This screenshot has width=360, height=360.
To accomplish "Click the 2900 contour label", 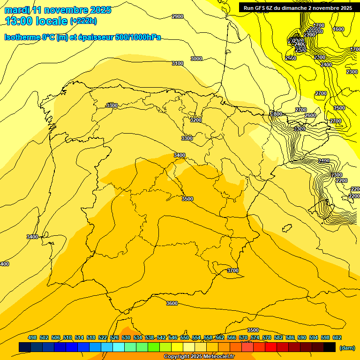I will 178,16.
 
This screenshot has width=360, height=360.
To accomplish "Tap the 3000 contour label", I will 196,59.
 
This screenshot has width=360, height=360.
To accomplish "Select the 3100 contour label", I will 178,63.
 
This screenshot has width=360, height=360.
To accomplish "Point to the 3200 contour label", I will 195,120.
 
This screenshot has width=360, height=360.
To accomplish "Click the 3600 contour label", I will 172,303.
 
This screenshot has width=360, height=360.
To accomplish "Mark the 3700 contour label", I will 233,270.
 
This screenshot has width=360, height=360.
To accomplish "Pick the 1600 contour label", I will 338,29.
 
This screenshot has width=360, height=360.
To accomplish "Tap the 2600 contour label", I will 310,115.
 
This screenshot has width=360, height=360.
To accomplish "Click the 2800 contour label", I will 277,114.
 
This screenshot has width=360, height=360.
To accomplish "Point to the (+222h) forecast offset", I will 83,21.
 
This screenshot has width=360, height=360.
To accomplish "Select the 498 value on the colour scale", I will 32,337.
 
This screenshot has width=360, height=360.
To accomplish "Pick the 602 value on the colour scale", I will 337,337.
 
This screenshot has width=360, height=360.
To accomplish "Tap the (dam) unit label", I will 347,348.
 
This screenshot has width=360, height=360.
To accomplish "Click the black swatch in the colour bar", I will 330,347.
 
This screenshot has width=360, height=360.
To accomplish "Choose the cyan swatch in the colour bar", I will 119,347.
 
